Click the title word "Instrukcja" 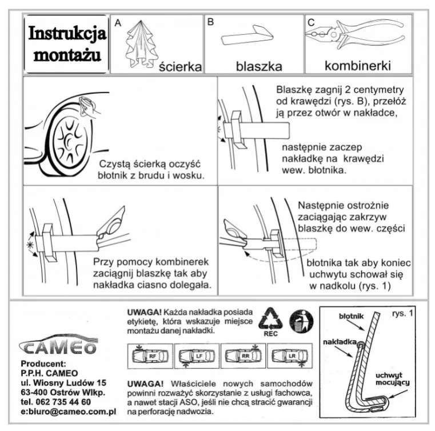click(x=67, y=34)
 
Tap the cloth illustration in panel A click(x=141, y=45)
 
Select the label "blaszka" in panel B click(x=259, y=66)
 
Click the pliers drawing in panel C click(x=354, y=35)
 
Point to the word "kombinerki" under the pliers click(x=358, y=66)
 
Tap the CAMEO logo click(x=58, y=345)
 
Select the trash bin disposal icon click(x=301, y=321)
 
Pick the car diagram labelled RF click(x=150, y=356)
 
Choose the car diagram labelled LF click(x=197, y=356)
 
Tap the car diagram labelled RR click(x=244, y=356)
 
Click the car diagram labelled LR click(x=290, y=356)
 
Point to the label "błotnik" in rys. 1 click(x=351, y=316)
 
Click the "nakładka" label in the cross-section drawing click(x=340, y=342)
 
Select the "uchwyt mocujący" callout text click(x=392, y=379)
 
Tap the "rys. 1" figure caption click(x=402, y=313)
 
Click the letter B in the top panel click(x=210, y=22)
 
